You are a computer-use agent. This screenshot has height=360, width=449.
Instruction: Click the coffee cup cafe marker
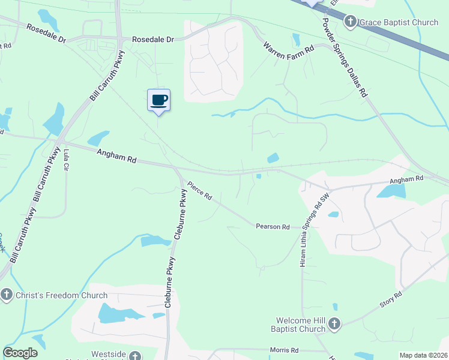(158, 100)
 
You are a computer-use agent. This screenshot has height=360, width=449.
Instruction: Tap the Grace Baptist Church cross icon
(351, 23)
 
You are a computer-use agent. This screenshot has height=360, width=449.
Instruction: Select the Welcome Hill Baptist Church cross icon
(334, 325)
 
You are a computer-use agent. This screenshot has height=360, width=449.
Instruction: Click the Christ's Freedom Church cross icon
(7, 295)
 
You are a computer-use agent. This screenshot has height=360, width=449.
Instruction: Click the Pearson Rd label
(273, 227)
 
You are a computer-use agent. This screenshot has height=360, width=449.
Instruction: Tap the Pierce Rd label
(200, 191)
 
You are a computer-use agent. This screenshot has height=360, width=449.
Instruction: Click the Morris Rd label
(284, 350)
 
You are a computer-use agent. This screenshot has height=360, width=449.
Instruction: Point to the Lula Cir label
(65, 159)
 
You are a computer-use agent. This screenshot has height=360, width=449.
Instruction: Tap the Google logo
(20, 353)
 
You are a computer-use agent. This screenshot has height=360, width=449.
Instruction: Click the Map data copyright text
(424, 355)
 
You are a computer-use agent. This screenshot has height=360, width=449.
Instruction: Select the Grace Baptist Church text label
(399, 23)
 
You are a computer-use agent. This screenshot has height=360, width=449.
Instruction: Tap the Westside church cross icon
(134, 355)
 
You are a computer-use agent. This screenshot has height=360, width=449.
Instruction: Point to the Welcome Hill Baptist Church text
(301, 325)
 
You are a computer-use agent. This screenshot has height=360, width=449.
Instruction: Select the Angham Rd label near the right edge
(406, 179)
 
